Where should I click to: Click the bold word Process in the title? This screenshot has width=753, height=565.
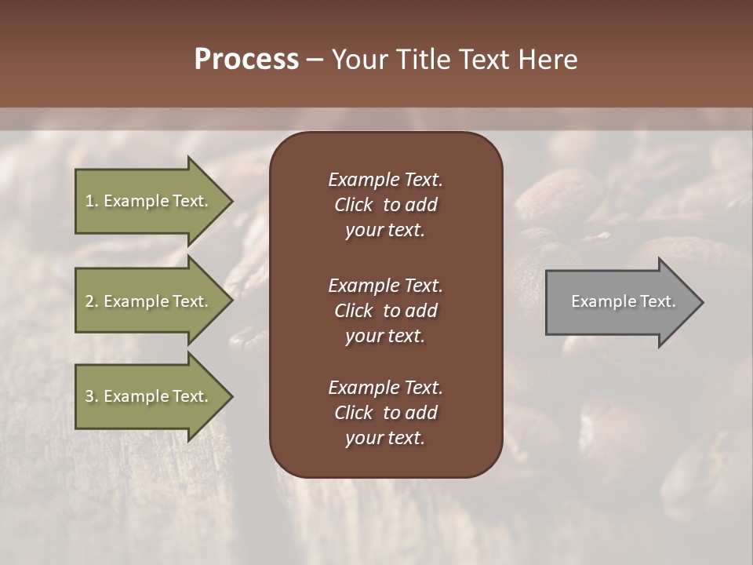246,60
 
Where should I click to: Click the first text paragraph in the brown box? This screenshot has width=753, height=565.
385,205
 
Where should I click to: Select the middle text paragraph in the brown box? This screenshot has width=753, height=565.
385,310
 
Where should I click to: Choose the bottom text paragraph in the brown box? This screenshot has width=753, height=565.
385,413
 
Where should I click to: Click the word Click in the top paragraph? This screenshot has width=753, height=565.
354,205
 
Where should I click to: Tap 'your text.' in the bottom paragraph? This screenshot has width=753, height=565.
385,438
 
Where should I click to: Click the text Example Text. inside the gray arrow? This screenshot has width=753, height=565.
624,301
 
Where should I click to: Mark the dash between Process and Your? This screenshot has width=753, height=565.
315,60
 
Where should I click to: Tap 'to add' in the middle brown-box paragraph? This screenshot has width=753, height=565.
409,310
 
